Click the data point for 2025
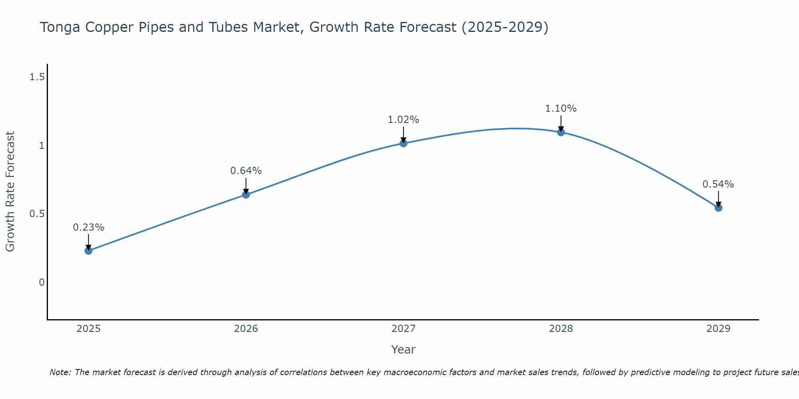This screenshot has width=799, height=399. point(89,251)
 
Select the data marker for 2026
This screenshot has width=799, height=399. point(246,195)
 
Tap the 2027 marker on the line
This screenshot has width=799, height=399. point(403,143)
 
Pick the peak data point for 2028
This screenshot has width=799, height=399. point(561,132)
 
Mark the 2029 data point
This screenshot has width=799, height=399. point(718,207)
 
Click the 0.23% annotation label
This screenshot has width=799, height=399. point(89,227)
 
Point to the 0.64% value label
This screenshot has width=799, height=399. point(246,171)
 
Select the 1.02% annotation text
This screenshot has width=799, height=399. point(403,120)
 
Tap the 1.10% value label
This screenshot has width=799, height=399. point(561,109)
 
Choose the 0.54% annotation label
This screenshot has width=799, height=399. point(718,184)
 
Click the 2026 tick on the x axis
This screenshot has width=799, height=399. point(246,329)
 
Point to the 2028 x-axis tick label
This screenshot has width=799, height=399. point(561,329)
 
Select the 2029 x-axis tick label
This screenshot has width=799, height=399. point(718,329)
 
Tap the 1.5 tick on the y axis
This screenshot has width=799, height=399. point(37,77)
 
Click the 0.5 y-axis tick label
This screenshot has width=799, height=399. point(37,214)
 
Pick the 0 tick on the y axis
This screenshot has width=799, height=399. point(42,282)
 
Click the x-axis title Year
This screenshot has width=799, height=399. point(403,350)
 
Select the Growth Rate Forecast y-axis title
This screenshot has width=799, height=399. point(10,192)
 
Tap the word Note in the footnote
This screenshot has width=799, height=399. point(60,372)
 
